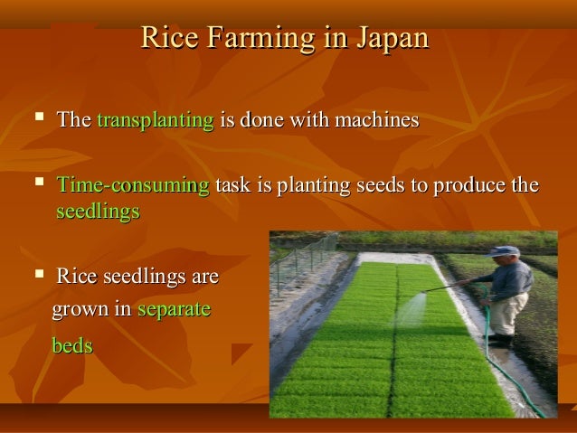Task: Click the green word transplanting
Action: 155,120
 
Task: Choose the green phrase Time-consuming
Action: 132,187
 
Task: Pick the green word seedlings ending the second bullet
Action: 98,212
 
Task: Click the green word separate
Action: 173,310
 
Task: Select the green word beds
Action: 71,346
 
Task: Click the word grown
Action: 79,310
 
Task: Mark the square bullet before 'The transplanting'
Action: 37,119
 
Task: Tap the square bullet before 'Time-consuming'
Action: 37,186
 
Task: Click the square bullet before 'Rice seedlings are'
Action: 37,275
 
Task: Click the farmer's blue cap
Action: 504,250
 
